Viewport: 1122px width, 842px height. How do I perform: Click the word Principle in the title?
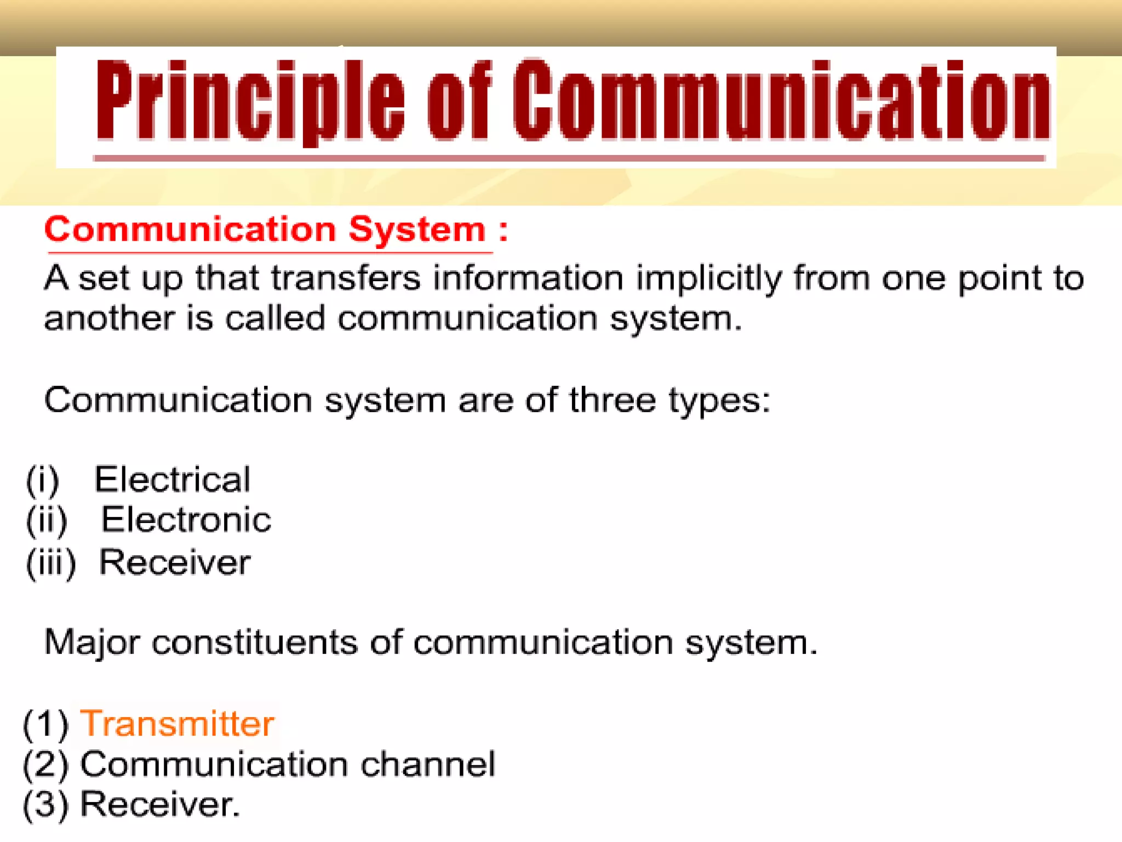[250, 101]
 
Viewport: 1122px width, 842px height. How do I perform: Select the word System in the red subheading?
[417, 229]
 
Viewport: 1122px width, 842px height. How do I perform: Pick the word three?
[612, 400]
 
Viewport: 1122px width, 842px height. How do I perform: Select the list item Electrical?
[172, 480]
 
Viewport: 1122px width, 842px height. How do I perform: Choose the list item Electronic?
[186, 520]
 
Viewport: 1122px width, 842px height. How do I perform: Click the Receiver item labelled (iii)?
[174, 562]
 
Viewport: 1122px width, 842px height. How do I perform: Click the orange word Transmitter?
[177, 724]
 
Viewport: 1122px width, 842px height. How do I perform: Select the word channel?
[428, 764]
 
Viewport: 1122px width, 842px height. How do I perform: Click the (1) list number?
[45, 724]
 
